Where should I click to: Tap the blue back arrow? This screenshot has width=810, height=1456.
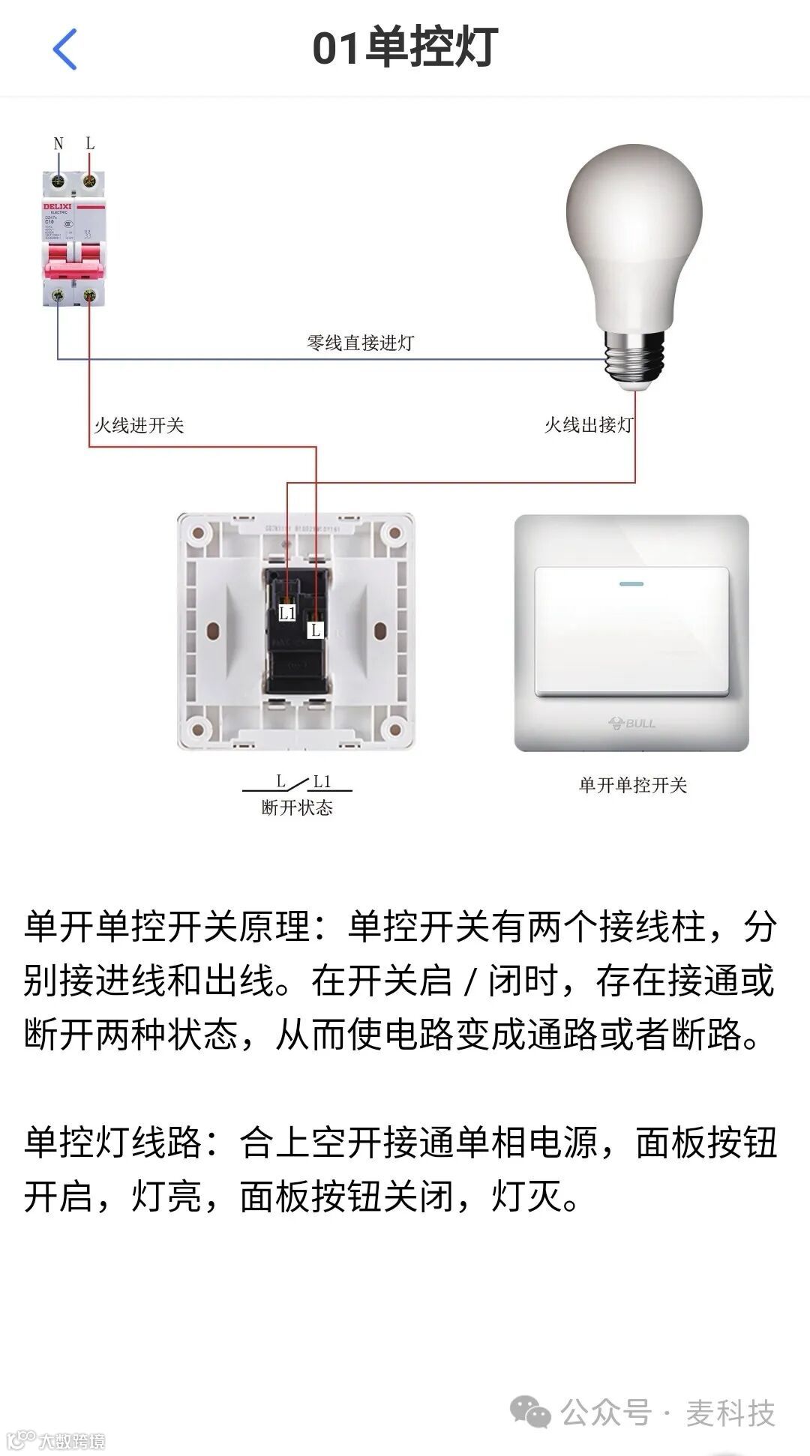click(64, 49)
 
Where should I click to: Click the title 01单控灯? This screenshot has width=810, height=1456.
click(405, 48)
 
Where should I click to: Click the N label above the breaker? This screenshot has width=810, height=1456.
click(58, 144)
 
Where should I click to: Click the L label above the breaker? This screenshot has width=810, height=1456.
click(90, 143)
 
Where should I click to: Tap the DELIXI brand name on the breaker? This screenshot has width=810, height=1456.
click(58, 206)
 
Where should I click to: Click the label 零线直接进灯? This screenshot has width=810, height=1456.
click(360, 343)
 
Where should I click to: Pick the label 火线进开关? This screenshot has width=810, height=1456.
click(139, 426)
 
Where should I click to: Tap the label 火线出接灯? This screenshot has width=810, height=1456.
click(589, 426)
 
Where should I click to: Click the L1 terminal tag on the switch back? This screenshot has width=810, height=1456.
click(288, 613)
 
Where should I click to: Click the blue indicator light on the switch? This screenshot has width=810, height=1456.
click(631, 583)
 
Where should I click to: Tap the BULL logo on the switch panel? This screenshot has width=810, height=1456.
click(631, 724)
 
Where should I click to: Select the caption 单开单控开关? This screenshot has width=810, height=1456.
click(633, 785)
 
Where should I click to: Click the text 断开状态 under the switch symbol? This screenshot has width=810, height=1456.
click(297, 807)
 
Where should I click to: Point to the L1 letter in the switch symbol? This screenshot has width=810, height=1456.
click(322, 782)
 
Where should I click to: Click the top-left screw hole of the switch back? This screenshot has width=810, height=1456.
click(198, 534)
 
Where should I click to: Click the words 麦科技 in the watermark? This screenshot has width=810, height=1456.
click(730, 1414)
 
